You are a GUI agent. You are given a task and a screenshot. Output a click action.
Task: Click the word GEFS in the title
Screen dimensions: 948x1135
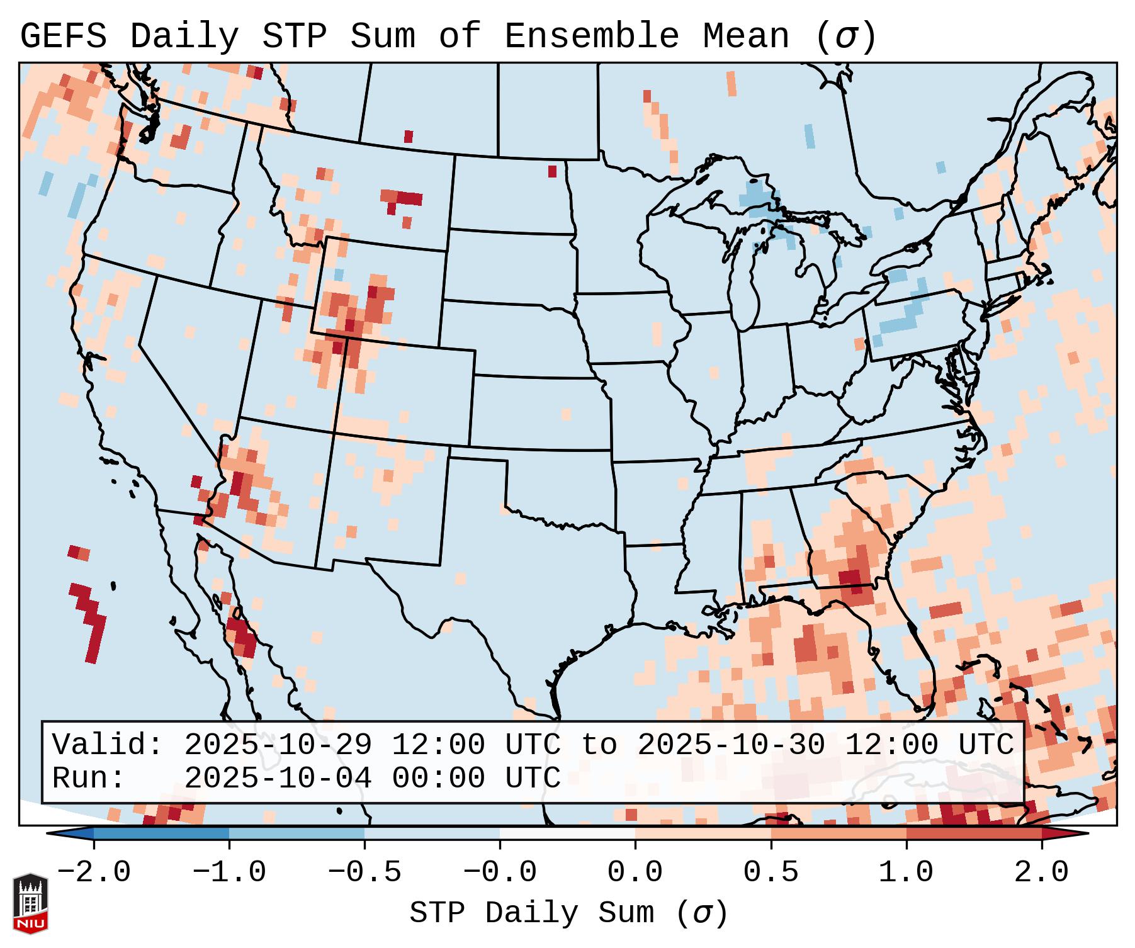pos(63,37)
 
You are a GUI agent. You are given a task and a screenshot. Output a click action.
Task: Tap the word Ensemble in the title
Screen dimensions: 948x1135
pos(592,37)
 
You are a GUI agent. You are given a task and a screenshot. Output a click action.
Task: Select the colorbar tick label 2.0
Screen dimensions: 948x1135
pos(1041,873)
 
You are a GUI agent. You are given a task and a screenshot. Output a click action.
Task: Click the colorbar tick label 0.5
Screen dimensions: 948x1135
pos(771,873)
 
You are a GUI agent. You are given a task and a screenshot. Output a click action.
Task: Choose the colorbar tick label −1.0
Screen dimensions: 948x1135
pos(229,873)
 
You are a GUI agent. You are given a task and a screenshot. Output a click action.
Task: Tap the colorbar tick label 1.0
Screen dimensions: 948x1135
pos(906,873)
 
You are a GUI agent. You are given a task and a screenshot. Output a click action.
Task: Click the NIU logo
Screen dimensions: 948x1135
pos(30,903)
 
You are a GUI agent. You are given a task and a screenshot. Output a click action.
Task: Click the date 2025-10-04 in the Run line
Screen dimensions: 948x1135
pos(278,779)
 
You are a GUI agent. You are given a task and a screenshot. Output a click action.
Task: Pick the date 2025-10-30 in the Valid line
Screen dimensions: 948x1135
pos(731,745)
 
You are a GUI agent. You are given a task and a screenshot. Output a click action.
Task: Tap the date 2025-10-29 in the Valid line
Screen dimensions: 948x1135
pos(278,745)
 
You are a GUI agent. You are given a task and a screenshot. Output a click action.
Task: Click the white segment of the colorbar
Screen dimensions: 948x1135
pos(567,833)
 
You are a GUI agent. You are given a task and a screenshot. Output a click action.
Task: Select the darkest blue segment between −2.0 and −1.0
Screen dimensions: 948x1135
pos(161,833)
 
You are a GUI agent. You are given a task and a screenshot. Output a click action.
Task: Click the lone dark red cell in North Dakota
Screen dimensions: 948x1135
pos(552,171)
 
